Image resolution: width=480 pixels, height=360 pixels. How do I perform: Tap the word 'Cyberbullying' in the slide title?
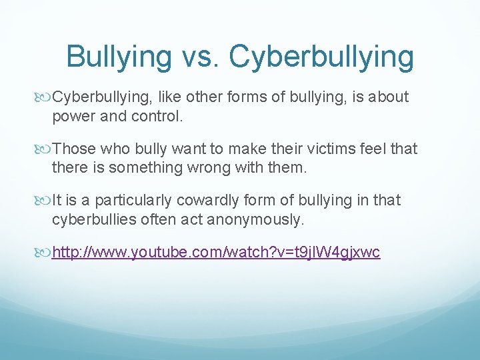[x=321, y=58]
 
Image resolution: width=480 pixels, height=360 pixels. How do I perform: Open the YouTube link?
[x=216, y=253]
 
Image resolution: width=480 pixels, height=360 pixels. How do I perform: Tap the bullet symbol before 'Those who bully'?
[x=45, y=149]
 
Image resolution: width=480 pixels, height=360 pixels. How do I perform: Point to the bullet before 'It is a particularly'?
[x=45, y=201]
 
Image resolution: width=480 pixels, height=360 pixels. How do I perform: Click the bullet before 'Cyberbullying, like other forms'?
[x=45, y=97]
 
